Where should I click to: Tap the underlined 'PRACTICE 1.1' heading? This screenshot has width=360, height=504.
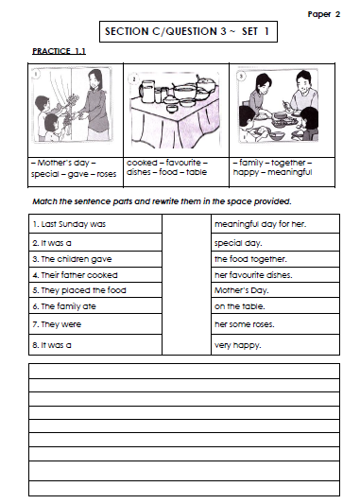(59, 51)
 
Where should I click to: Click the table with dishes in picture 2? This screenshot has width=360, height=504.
(175, 118)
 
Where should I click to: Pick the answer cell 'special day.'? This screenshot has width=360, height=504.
(240, 242)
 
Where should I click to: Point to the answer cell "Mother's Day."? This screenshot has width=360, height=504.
(242, 290)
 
